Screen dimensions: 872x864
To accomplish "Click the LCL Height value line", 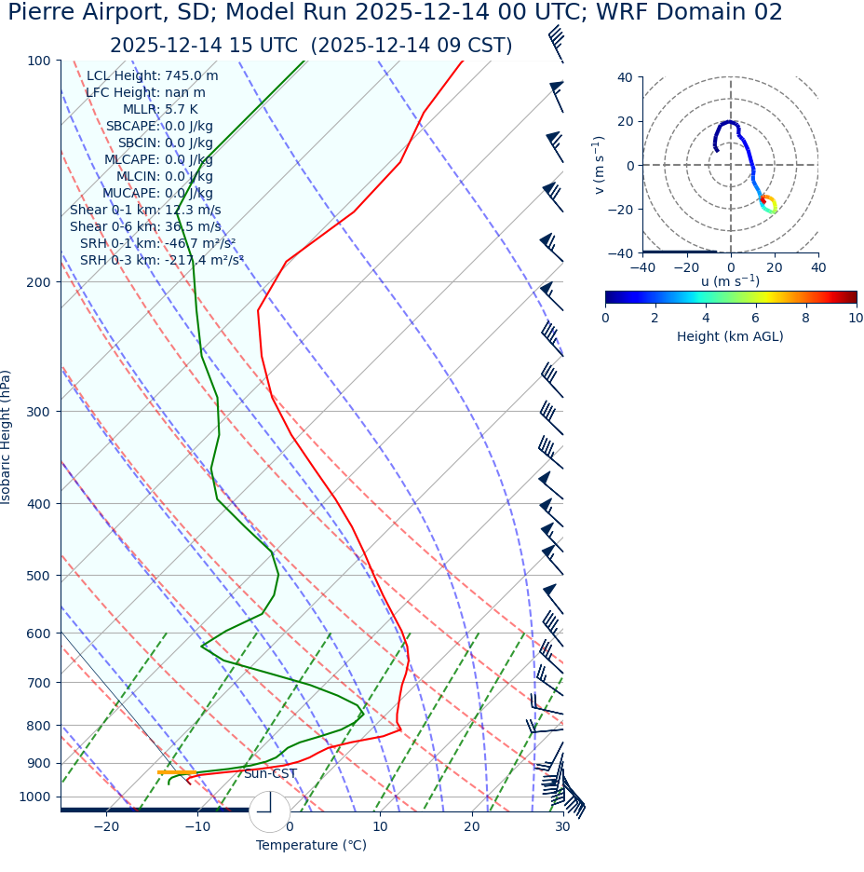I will coord(153,76).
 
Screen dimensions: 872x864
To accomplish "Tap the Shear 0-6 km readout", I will coord(145,226).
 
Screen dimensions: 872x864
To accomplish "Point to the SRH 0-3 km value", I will coord(162,260).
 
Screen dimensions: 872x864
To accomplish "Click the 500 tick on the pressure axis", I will coord(38,576).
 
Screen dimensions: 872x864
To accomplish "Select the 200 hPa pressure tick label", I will coord(38,282).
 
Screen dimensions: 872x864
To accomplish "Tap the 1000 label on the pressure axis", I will coord(34,797).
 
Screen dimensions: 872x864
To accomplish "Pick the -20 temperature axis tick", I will coord(106,827).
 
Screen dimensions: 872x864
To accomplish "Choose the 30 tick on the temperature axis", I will coord(562,827).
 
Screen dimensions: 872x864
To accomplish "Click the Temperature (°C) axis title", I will coord(311,846).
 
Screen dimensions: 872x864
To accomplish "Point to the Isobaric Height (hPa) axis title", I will coord(7,437).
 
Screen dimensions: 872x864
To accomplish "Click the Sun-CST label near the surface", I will coord(270,774).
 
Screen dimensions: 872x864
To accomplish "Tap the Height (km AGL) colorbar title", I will coord(730,336).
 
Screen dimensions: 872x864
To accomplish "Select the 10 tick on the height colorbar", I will coord(856,318).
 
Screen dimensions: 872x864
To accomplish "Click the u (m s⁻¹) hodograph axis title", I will coord(730,281).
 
